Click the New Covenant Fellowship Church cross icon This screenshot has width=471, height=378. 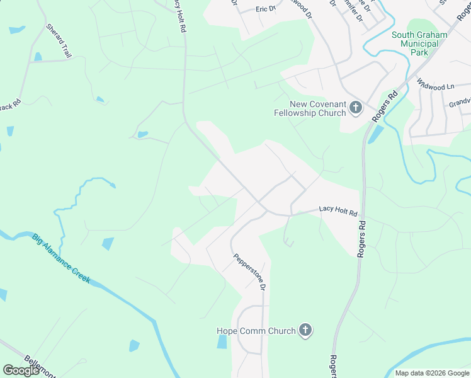coord(356,108)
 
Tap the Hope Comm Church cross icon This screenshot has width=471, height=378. coord(305,330)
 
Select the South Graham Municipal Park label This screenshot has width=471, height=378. coord(419,44)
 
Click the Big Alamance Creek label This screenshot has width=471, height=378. coord(61,258)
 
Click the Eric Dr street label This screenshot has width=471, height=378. coord(266,9)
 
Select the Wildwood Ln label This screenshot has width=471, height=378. coord(435,85)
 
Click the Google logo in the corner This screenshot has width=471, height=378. coord(21,370)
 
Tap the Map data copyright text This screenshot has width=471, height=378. coord(432,373)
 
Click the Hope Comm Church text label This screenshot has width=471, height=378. coord(256,331)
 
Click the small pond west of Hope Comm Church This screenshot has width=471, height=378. coord(222,341)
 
